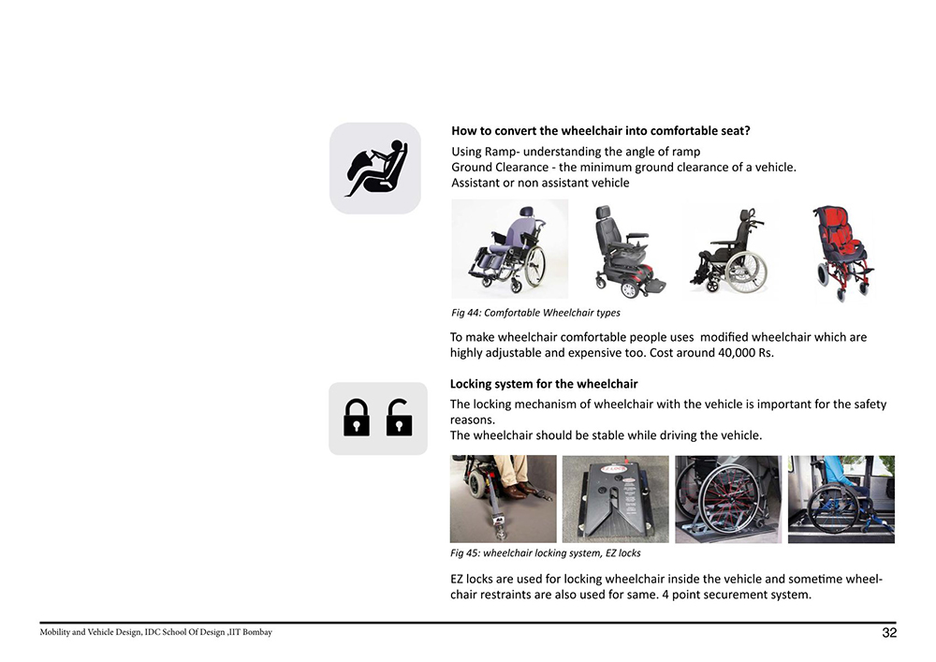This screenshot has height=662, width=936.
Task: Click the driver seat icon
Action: tap(375, 169)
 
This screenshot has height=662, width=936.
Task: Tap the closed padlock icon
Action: tap(356, 418)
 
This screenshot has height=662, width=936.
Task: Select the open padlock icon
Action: tap(399, 418)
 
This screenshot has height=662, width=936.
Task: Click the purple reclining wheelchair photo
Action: tap(509, 249)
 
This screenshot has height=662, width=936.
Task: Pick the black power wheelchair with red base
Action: tap(623, 250)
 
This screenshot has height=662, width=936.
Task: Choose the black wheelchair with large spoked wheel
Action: tap(730, 250)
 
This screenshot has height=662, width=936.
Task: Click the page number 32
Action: tap(888, 634)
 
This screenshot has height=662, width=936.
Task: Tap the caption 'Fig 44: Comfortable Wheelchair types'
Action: tap(535, 313)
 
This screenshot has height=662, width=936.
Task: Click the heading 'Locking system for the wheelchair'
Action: tap(544, 384)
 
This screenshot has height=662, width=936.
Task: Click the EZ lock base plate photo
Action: tap(615, 499)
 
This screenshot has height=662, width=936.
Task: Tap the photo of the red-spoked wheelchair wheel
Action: tap(727, 499)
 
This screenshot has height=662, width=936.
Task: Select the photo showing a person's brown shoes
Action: tap(504, 499)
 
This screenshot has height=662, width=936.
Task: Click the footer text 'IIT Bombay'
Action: tap(251, 633)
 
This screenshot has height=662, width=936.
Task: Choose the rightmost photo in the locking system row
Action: tap(841, 499)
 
